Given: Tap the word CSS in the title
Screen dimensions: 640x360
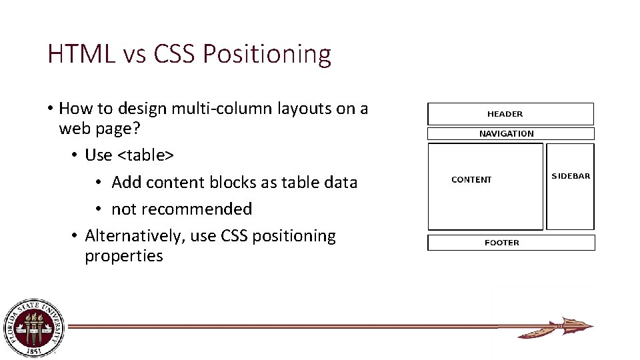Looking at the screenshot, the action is click(x=175, y=54).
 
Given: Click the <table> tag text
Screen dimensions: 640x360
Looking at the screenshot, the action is click(x=145, y=155).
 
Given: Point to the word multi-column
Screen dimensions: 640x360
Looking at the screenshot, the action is click(x=253, y=109).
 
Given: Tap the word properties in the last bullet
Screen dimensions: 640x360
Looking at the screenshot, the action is click(x=123, y=256).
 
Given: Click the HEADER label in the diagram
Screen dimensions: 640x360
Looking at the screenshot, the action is click(x=505, y=114).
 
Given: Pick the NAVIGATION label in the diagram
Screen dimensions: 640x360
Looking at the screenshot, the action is click(x=507, y=133).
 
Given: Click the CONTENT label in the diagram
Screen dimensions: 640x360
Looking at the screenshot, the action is click(x=471, y=179).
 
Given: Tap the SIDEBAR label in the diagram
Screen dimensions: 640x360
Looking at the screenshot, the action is click(x=571, y=176).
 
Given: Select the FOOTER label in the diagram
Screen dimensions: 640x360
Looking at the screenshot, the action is click(x=502, y=243).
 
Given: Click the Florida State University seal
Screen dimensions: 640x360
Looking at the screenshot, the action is click(x=33, y=327).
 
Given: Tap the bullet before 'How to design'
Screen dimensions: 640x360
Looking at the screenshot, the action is click(x=50, y=109).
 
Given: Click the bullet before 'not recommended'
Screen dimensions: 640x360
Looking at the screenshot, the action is click(x=97, y=209).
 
